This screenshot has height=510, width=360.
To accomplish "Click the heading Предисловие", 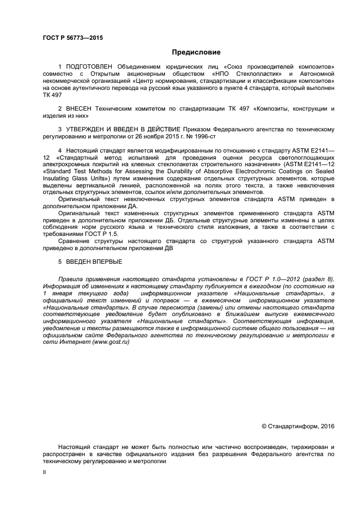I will [x=197, y=53].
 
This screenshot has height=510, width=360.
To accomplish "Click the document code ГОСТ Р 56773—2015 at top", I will [x=72, y=38].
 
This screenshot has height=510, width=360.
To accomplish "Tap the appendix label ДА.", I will [x=133, y=207].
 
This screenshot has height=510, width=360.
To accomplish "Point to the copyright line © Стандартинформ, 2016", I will [x=298, y=426].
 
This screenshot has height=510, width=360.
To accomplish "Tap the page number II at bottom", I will [x=45, y=473].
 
